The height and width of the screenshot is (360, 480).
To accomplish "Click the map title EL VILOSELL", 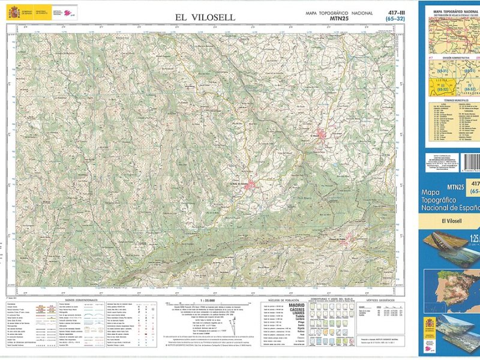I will pos(205,17).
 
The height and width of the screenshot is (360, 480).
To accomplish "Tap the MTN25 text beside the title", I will pos(340,18).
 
